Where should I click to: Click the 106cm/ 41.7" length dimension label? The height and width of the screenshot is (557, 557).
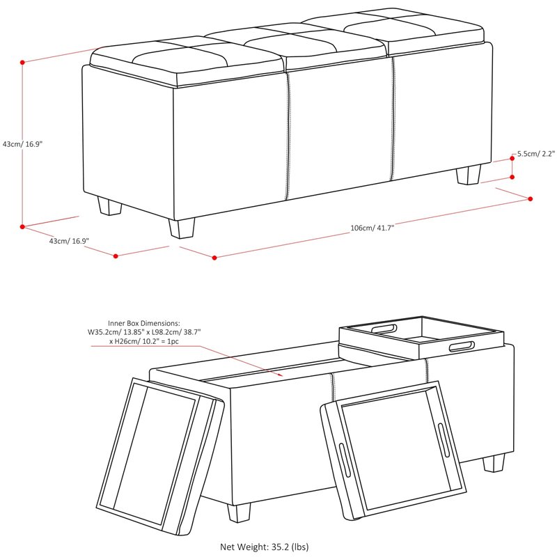coord(372,228)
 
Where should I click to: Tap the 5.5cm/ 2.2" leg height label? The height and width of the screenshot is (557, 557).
coord(535,154)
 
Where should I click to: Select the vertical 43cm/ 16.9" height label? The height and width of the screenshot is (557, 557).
coord(22,144)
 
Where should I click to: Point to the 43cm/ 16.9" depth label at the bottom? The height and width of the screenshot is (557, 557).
coord(69,241)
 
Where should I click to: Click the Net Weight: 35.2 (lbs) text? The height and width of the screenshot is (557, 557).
coord(265,547)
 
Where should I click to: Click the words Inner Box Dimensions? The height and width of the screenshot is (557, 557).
coord(144,323)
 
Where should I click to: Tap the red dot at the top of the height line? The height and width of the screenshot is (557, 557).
coord(22,62)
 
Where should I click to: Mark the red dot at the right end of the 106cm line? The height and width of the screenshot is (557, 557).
coord(531,199)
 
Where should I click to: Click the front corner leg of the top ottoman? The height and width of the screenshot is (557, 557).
coord(182,228)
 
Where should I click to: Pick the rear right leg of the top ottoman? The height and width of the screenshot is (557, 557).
coord(469,174)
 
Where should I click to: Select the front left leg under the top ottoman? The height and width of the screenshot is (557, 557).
coord(109,206)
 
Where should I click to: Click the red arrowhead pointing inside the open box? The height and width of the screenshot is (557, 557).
coord(281,374)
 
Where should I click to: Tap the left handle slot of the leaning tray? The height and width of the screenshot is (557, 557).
coord(345,460)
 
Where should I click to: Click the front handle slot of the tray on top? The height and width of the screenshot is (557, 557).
coord(462,346)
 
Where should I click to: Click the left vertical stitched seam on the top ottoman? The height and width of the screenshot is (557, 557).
coord(288,136)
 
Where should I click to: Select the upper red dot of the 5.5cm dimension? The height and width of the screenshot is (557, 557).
coord(512,159)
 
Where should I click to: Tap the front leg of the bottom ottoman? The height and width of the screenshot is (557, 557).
coord(239,512)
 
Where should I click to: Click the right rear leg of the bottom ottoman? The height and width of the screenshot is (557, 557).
coord(494,463)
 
